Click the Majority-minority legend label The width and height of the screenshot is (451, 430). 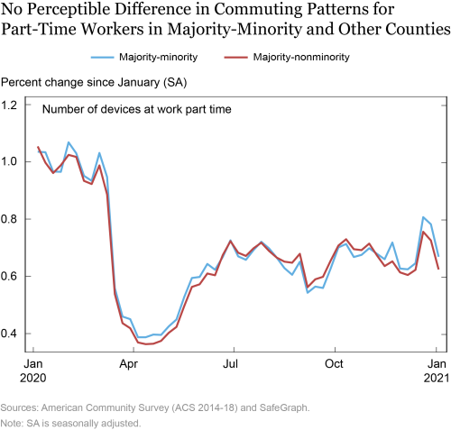coord(158,57)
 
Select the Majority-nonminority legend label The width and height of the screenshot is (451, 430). coord(301,57)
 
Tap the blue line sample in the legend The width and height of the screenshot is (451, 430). coord(103,57)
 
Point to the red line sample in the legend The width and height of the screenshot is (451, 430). coord(236,57)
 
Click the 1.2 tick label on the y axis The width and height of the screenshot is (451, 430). coord(9,105)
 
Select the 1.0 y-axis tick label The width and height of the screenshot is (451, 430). coord(9,162)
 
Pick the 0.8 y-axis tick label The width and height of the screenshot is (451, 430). coord(9,219)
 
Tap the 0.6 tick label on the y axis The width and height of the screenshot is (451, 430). coord(9,276)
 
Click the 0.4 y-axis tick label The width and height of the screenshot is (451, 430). coord(9,334)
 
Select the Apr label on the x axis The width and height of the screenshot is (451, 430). coord(129,364)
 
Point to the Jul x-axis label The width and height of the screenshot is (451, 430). coord(230,364)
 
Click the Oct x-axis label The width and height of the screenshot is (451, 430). coord(334,364)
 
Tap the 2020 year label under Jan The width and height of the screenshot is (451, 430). coord(33,378)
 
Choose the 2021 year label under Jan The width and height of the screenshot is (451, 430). coord(437,378)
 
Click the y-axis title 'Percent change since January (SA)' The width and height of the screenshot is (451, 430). coord(94,83)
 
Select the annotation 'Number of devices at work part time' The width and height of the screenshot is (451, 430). coord(137,109)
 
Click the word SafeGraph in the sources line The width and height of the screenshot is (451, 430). coord(284,407)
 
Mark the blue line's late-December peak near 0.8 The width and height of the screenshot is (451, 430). coord(423,216)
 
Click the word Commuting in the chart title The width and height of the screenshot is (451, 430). coord(256,9)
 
